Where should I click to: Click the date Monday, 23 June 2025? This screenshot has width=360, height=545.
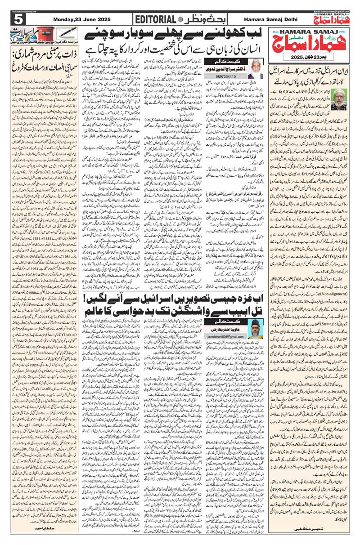(77, 19)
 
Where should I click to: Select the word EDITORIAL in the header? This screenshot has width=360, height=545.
(155, 19)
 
